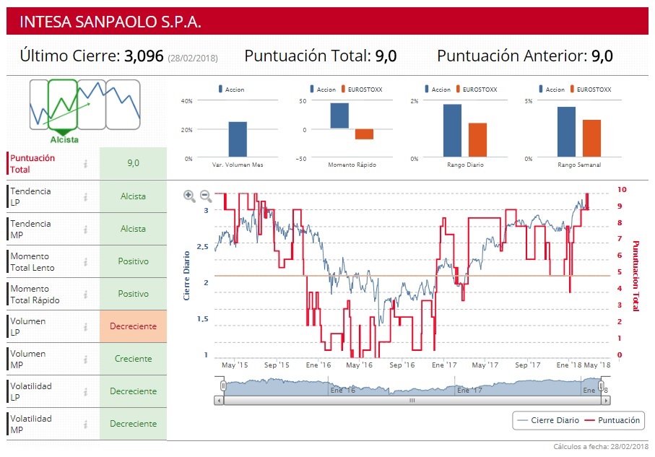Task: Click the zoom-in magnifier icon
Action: [189, 195]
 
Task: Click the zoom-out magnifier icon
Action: [205, 195]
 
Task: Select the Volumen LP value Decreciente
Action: [133, 326]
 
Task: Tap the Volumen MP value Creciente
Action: [133, 359]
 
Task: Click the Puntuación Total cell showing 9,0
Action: [133, 163]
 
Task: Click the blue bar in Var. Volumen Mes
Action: [238, 139]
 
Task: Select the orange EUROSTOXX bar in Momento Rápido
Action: [364, 134]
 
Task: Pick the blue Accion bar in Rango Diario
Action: [452, 131]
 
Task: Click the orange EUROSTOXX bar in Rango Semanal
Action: [591, 138]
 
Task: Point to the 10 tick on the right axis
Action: [623, 189]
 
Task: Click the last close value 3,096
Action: [144, 56]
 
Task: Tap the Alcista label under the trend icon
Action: [65, 139]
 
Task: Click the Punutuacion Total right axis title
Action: [636, 276]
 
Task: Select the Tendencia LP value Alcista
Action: [133, 196]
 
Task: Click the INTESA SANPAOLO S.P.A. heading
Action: [110, 22]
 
